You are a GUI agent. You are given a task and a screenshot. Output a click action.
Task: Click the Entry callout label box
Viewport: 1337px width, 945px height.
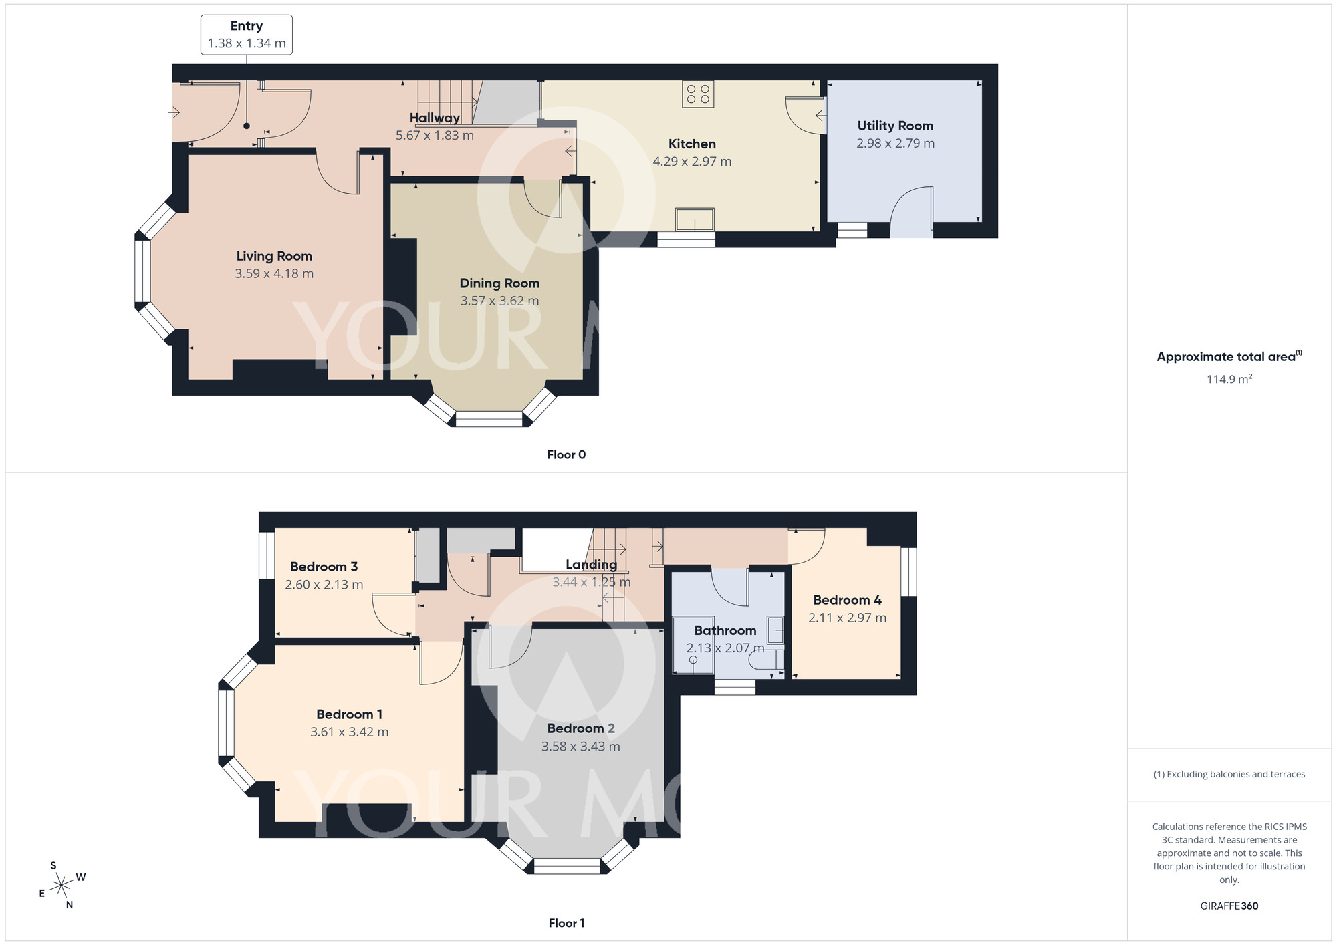pyautogui.click(x=246, y=35)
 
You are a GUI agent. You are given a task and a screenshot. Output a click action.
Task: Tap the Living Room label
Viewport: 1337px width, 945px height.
pyautogui.click(x=274, y=256)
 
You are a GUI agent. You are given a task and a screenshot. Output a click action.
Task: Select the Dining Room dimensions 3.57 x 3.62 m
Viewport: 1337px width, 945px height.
pyautogui.click(x=499, y=301)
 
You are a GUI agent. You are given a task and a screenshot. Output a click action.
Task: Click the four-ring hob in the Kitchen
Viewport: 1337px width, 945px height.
pyautogui.click(x=698, y=94)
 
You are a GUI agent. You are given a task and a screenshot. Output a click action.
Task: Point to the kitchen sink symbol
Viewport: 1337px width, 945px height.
pyautogui.click(x=695, y=219)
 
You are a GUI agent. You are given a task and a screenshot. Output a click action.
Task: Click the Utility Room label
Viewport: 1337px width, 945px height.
pyautogui.click(x=895, y=126)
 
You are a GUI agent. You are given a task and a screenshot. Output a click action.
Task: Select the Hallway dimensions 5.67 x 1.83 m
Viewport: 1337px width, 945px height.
pyautogui.click(x=435, y=136)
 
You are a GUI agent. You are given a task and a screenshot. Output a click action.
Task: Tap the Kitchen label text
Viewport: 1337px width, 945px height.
pyautogui.click(x=692, y=144)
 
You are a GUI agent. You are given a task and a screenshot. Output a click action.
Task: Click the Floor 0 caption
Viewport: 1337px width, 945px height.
pyautogui.click(x=566, y=455)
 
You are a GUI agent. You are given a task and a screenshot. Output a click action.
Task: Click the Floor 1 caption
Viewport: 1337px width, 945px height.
pyautogui.click(x=566, y=923)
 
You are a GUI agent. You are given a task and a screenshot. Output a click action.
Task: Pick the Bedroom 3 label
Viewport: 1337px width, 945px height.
pyautogui.click(x=324, y=567)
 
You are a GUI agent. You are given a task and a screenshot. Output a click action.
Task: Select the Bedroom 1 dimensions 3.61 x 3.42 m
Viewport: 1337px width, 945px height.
pyautogui.click(x=349, y=732)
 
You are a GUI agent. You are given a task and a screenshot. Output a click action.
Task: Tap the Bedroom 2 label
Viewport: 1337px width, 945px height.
pyautogui.click(x=581, y=728)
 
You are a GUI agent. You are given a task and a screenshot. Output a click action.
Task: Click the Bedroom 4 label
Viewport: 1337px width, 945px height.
pyautogui.click(x=847, y=600)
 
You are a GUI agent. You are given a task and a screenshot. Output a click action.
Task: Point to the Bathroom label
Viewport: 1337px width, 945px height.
pyautogui.click(x=725, y=630)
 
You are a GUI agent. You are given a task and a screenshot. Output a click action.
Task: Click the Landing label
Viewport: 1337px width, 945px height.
pyautogui.click(x=592, y=565)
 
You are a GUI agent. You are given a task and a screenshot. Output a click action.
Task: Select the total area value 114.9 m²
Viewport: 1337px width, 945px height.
pyautogui.click(x=1229, y=379)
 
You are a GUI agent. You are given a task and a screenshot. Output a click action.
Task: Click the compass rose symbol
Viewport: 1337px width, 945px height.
pyautogui.click(x=62, y=886)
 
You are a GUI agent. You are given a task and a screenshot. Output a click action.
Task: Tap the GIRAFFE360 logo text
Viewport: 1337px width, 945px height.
pyautogui.click(x=1229, y=906)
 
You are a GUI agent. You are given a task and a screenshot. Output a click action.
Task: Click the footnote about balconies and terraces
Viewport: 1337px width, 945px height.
pyautogui.click(x=1229, y=775)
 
